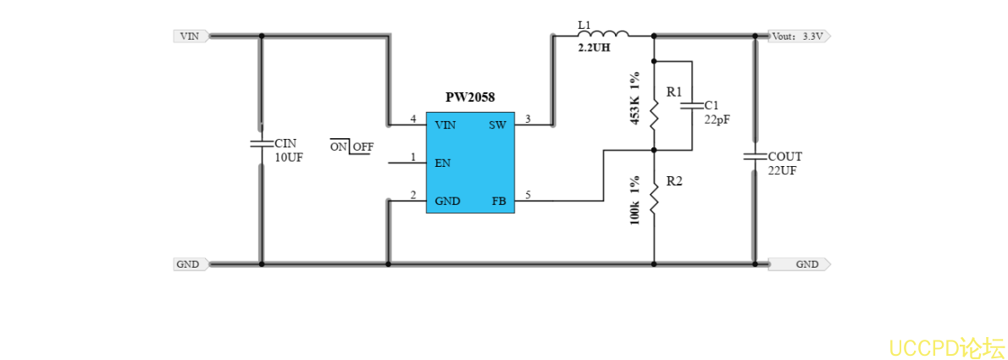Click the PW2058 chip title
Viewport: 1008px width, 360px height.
pos(470,98)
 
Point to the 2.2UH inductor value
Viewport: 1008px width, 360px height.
pos(594,49)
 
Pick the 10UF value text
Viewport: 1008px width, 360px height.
pos(289,158)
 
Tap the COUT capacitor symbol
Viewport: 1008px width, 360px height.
pos(754,157)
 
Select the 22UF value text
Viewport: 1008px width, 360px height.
pos(782,170)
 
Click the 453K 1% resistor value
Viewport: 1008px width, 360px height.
pos(635,99)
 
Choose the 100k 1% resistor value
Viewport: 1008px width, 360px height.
pos(635,201)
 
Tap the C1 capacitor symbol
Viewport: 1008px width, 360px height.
pos(692,105)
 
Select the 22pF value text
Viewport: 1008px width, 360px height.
pos(717,119)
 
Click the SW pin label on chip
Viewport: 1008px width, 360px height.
pos(497,125)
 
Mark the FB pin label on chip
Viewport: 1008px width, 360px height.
pos(499,202)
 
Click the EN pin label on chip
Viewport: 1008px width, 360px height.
pos(442,163)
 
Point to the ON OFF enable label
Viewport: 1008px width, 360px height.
pos(352,147)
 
